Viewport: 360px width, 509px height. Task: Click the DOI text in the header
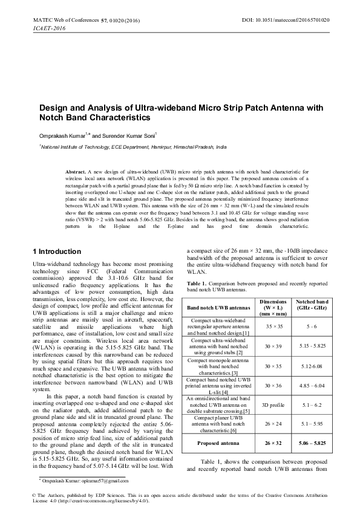point(286,20)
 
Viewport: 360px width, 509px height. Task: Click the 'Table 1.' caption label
point(198,284)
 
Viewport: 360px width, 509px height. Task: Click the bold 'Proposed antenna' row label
point(220,444)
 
